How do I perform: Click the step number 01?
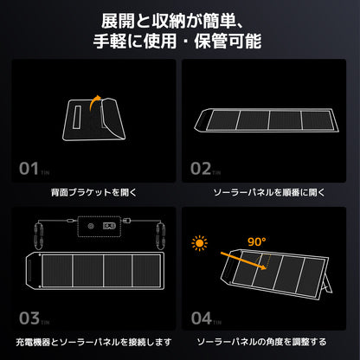click(29, 168)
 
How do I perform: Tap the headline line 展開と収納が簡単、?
click(180, 20)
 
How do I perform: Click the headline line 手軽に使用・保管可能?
click(180, 41)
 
